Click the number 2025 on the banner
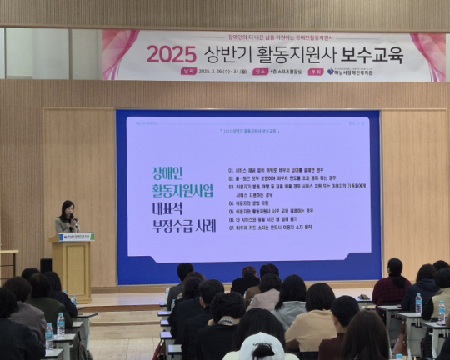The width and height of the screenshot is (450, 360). pos(171,54)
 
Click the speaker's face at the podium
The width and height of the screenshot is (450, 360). pos(67,207)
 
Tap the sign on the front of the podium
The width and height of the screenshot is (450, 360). pos(76,237)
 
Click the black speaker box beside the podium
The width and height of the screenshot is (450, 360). pos(45,264)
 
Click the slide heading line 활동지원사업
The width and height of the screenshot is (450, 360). pos(182,191)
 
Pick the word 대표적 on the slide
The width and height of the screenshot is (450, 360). pos(172,207)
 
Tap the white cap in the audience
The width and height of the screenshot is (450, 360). pos(261,345)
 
